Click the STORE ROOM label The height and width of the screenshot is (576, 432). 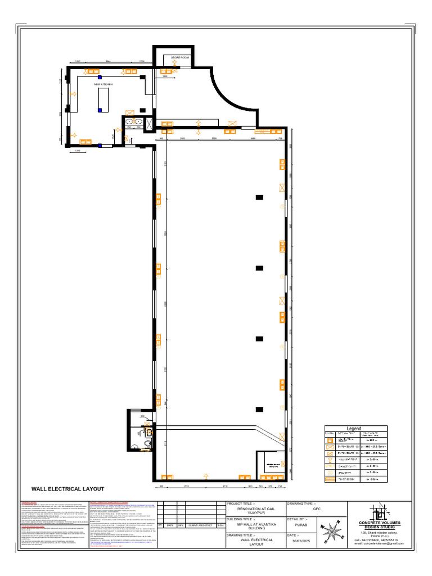(181, 57)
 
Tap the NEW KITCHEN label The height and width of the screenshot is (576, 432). (103, 84)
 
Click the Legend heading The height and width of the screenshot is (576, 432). (354, 429)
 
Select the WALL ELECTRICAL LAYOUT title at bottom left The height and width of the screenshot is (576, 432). (67, 489)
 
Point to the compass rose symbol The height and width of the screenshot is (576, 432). (331, 531)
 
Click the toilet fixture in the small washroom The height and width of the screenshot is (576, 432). (147, 444)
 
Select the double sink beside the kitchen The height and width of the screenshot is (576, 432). (133, 121)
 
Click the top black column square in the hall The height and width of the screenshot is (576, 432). (259, 197)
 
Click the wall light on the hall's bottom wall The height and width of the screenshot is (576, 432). (206, 476)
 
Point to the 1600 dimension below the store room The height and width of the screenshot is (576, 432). (165, 76)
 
